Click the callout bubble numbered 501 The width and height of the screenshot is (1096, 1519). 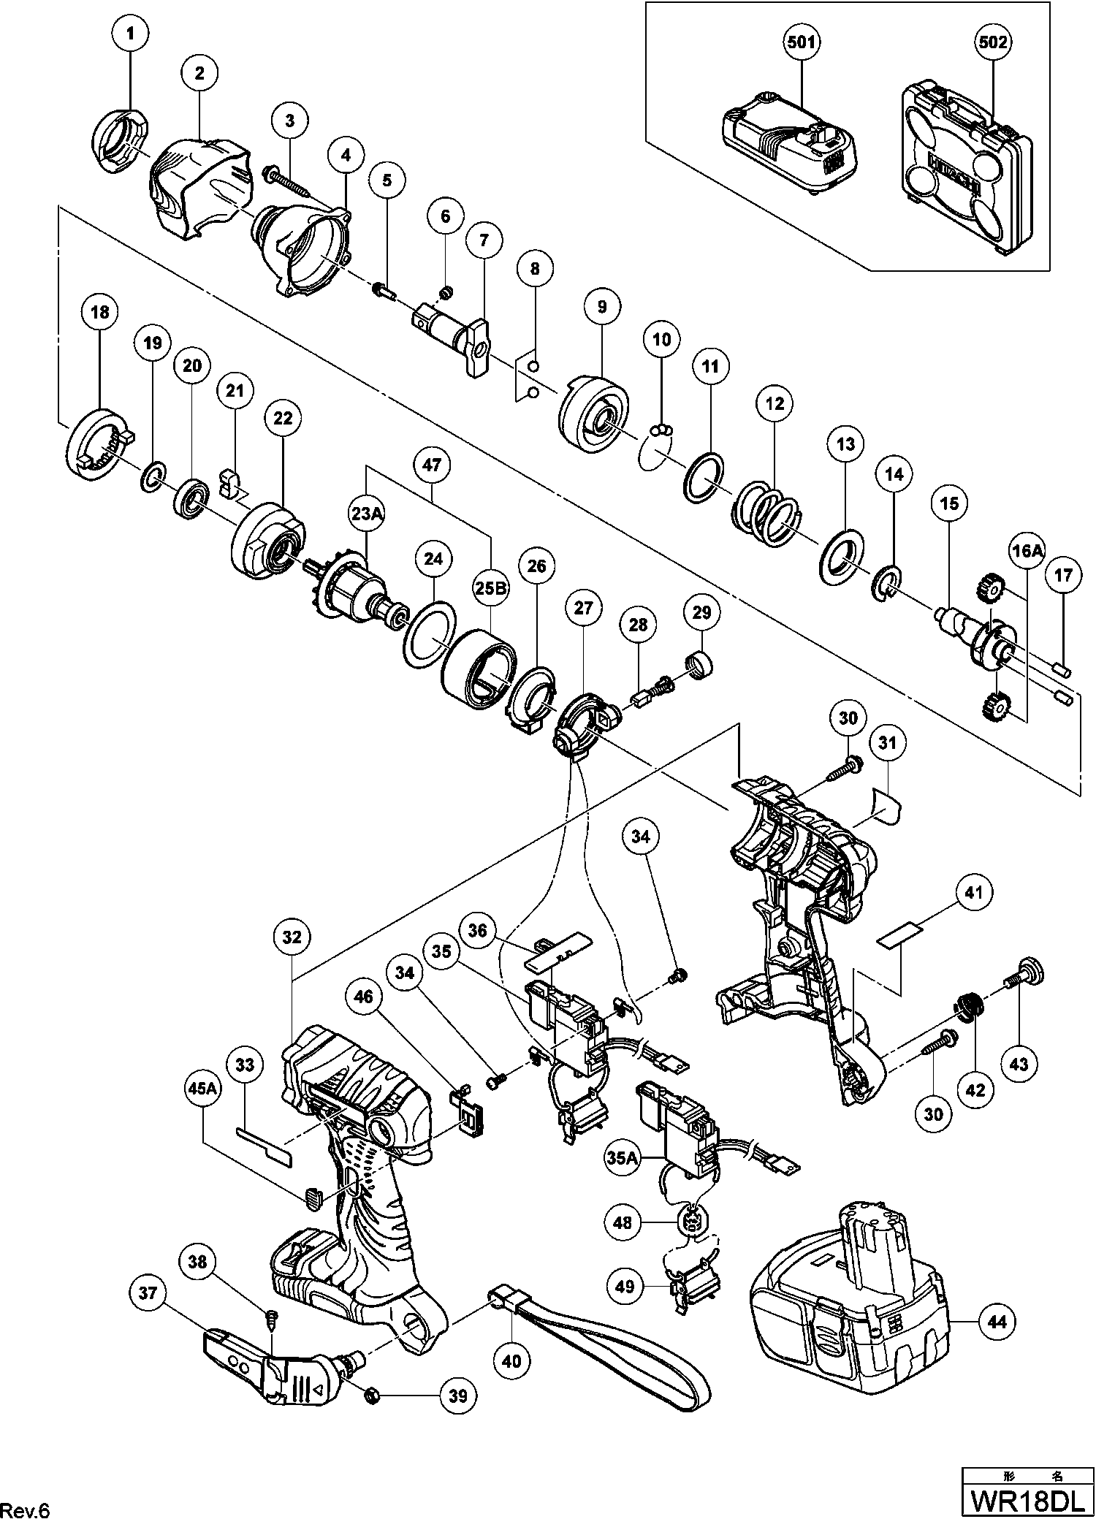click(801, 42)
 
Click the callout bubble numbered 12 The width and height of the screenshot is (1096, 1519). click(775, 403)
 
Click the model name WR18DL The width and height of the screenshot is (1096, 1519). click(1027, 1500)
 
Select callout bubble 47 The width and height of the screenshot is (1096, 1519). click(432, 465)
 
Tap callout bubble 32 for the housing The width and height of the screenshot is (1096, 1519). click(292, 937)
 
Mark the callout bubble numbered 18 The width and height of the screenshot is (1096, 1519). click(99, 312)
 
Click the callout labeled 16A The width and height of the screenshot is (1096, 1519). click(1027, 552)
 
